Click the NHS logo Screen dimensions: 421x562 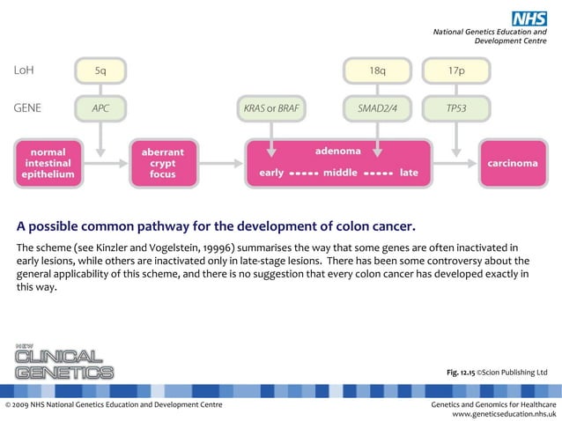coord(530,16)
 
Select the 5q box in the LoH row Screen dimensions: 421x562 coord(100,70)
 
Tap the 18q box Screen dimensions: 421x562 coord(376,70)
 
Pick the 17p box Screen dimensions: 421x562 coord(456,70)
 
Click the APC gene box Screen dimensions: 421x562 coord(100,109)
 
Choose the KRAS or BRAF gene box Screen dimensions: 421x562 coord(270,109)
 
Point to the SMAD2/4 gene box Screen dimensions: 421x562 coord(376,109)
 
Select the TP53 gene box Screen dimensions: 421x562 coord(456,109)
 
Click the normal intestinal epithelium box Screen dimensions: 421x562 coord(48,163)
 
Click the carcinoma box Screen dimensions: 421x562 coord(512,163)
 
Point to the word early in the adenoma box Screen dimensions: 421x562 coord(271,173)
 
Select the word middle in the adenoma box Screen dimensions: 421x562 coord(340,173)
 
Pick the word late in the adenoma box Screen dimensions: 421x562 coord(409,173)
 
